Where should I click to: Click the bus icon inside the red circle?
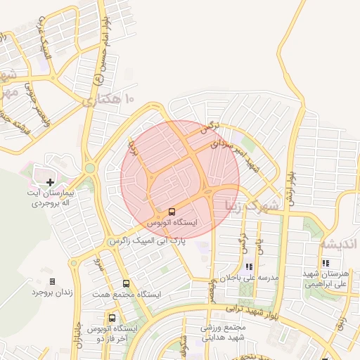172,212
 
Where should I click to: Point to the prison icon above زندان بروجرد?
52,281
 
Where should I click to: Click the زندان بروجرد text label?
52,292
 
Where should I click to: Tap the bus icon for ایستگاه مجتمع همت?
126,283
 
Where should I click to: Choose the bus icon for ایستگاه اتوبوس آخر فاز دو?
112,318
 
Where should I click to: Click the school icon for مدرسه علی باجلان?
249,267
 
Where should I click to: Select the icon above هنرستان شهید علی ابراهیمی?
325,264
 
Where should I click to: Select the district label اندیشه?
339,243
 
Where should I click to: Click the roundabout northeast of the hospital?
90,169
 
